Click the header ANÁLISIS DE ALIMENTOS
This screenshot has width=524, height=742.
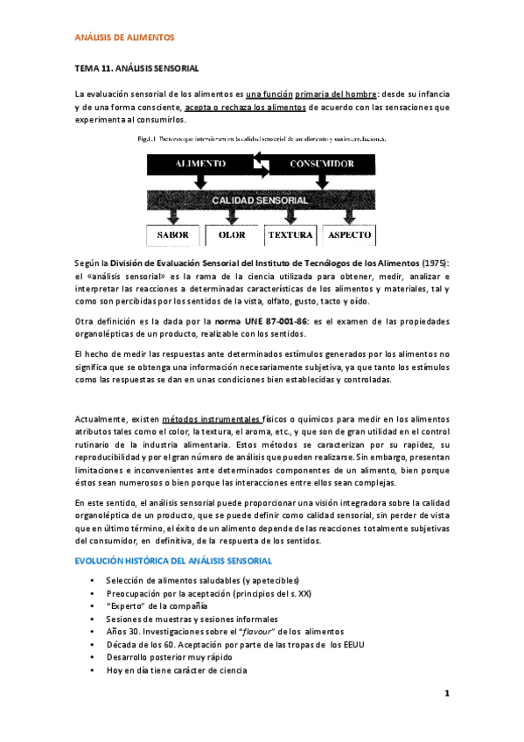[125, 38]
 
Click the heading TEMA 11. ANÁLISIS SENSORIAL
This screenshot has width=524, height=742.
[137, 67]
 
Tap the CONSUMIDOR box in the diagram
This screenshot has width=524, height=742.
[325, 164]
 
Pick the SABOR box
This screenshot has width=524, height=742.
[172, 235]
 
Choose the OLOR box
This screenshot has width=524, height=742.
[232, 235]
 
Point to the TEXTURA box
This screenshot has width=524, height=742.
[291, 235]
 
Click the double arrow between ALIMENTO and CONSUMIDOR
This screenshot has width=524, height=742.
[262, 164]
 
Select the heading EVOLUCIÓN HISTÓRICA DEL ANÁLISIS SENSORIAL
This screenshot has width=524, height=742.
[174, 560]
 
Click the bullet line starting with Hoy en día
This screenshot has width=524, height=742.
[176, 670]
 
